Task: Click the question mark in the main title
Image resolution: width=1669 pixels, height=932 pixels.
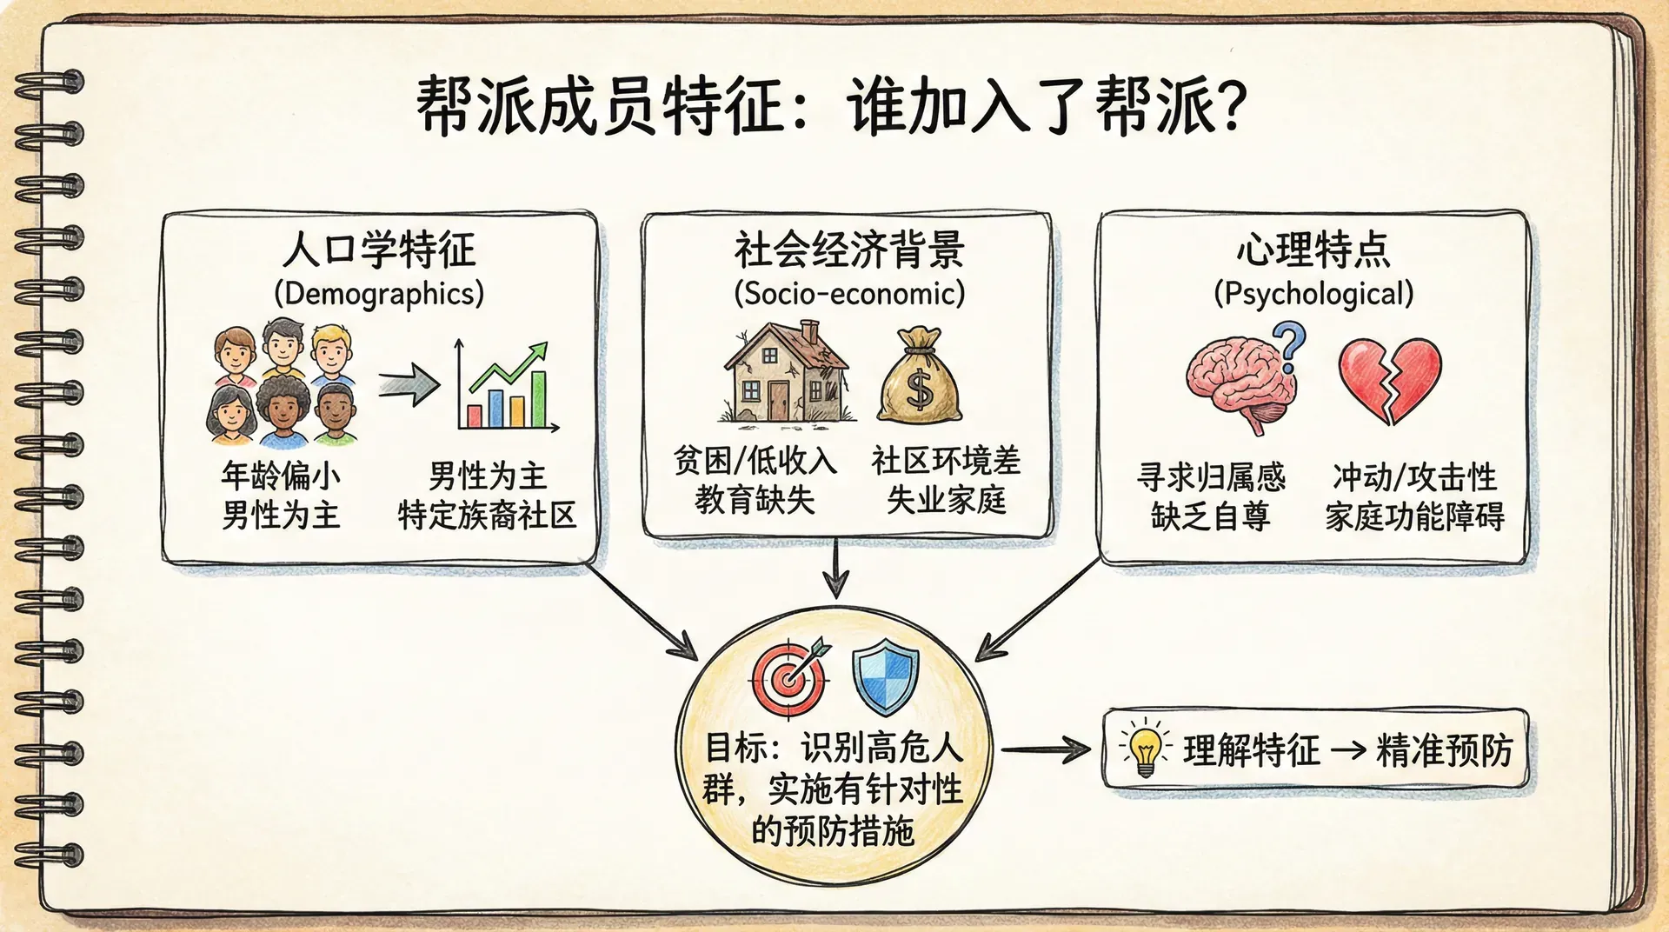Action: click(x=1227, y=106)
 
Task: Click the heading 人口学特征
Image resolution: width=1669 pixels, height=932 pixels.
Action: click(x=379, y=250)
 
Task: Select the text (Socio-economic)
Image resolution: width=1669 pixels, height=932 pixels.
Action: click(x=849, y=293)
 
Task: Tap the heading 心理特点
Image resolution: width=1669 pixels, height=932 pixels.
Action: click(x=1313, y=250)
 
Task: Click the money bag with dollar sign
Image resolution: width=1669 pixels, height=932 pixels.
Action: click(x=920, y=376)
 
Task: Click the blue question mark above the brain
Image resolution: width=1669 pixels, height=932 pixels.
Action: click(x=1290, y=346)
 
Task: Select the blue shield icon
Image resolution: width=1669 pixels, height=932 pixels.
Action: click(x=885, y=677)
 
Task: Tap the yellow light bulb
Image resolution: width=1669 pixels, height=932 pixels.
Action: click(x=1145, y=749)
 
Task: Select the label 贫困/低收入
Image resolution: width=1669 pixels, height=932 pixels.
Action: click(x=755, y=460)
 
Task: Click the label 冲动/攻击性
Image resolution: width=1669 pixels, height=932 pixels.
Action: click(x=1414, y=476)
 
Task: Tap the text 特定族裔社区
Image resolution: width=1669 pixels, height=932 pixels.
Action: click(x=487, y=515)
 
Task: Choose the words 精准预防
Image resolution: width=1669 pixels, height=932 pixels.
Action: click(x=1444, y=749)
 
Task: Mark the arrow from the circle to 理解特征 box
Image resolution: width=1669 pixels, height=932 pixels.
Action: click(x=1046, y=749)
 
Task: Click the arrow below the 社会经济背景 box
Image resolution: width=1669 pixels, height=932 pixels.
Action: click(x=835, y=569)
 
